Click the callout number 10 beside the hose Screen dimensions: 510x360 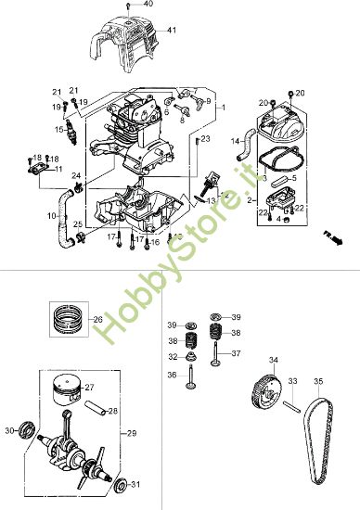50,216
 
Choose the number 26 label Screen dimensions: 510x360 97,320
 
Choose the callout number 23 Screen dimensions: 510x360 206,138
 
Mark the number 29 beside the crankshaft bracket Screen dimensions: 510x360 132,432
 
